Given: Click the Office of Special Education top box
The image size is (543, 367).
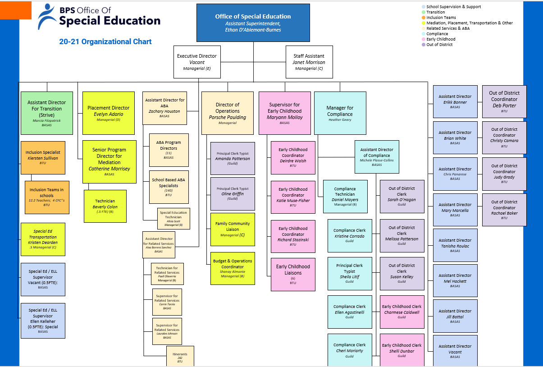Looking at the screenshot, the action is click(x=253, y=23).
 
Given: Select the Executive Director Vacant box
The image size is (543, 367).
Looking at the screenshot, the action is click(x=197, y=62).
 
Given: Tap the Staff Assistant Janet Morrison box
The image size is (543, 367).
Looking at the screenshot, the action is click(x=309, y=62).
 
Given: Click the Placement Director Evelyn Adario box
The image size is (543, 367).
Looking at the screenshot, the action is click(x=108, y=113).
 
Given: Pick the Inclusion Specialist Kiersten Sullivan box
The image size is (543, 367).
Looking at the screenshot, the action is click(x=43, y=158).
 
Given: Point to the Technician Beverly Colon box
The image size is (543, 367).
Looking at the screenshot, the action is click(x=105, y=206).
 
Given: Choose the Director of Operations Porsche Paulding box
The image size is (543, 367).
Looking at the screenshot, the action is click(x=228, y=113).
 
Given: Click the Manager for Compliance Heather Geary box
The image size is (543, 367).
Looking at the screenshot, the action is click(x=340, y=113).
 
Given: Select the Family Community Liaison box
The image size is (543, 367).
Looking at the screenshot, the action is click(x=233, y=229).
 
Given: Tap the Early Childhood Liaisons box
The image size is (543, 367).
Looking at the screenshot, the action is click(x=293, y=274).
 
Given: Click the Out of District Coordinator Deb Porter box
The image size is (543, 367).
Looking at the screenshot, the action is click(x=504, y=101).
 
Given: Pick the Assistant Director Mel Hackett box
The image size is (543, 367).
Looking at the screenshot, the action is click(x=455, y=280).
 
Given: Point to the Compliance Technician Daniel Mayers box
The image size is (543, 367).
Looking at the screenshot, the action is click(x=345, y=196).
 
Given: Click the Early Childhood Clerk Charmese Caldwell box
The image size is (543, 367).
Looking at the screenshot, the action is click(x=402, y=312).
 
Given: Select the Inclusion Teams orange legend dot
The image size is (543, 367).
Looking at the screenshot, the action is click(x=424, y=18).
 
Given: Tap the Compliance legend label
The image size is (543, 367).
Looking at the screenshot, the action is click(x=437, y=34).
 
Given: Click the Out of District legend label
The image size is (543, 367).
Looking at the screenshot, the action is click(x=439, y=45).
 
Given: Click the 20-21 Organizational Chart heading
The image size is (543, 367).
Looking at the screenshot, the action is click(x=105, y=42).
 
